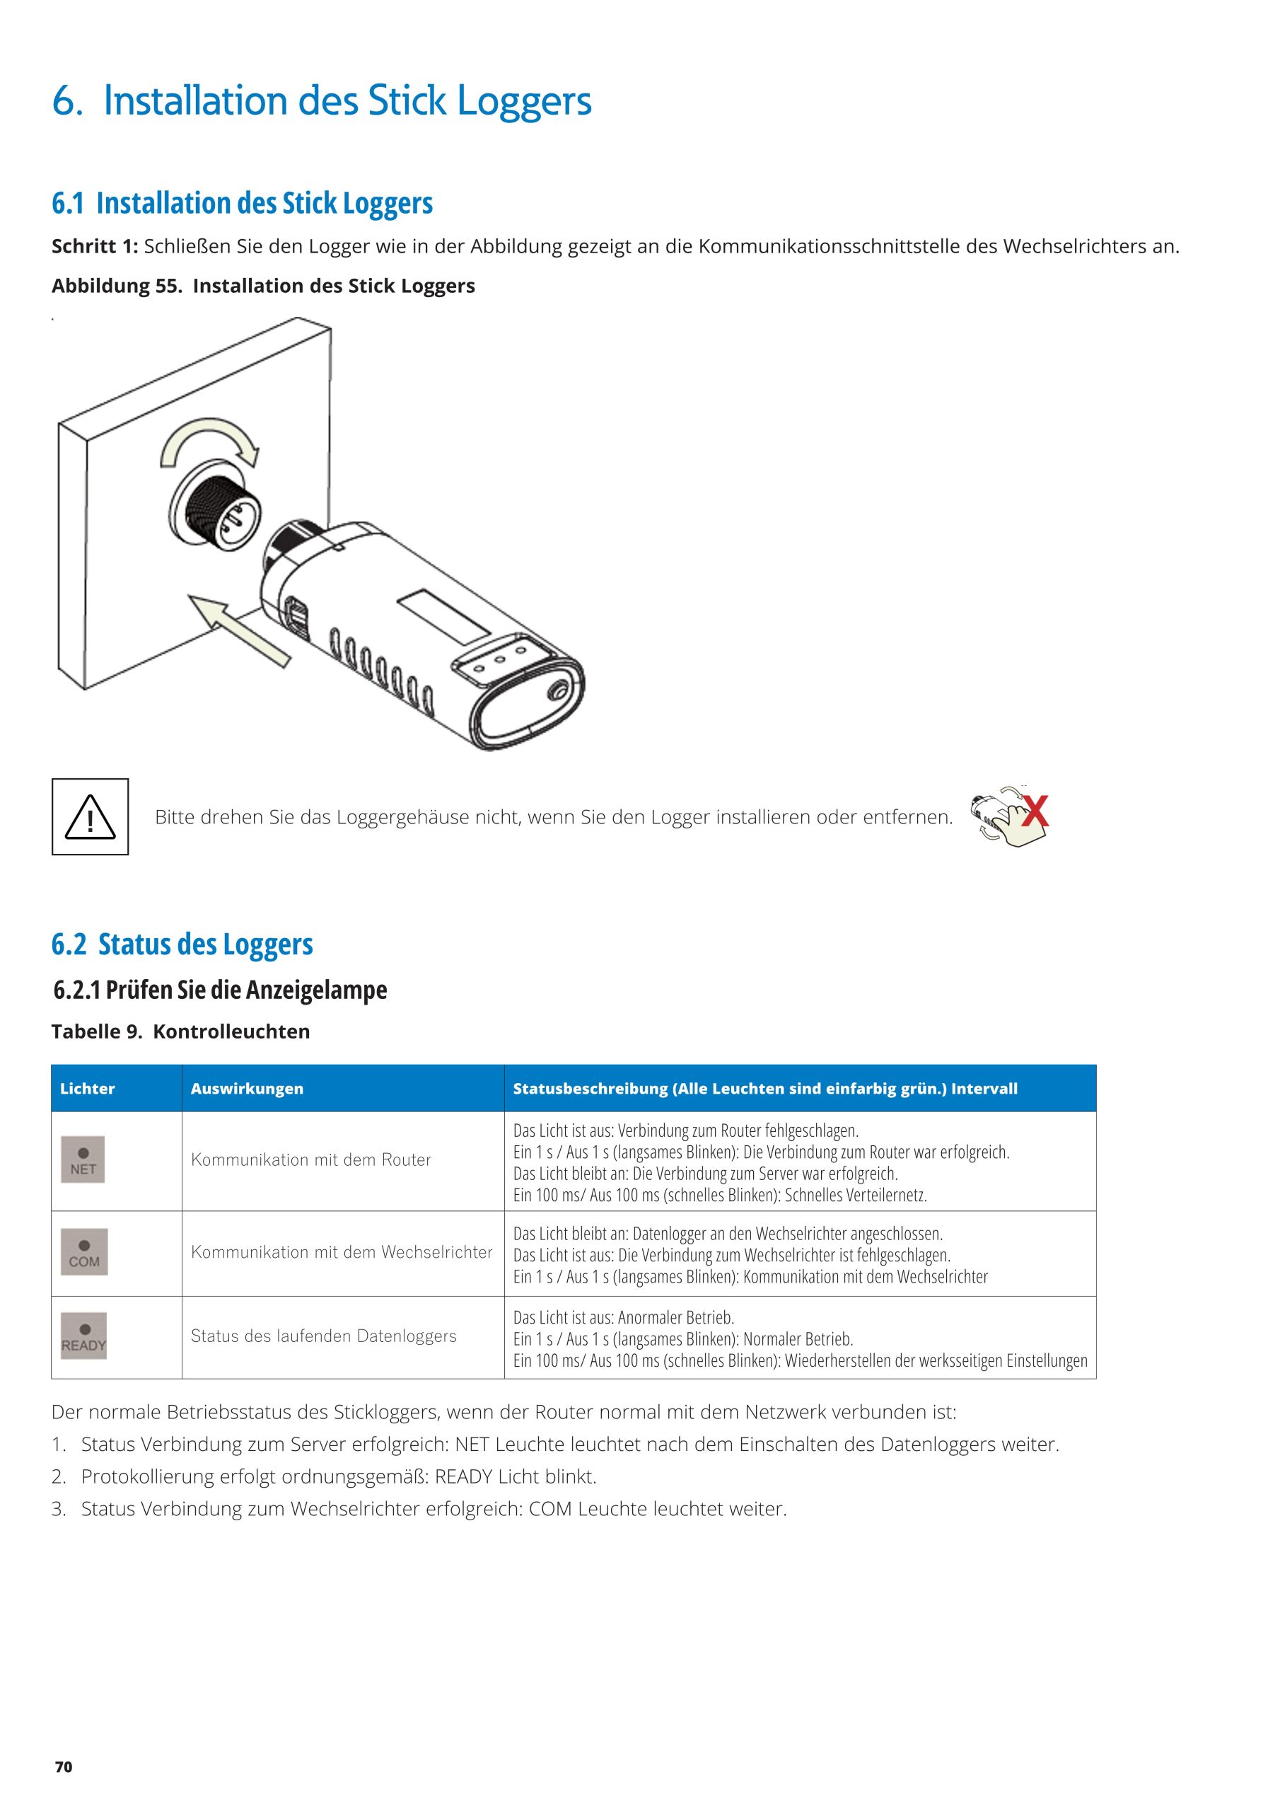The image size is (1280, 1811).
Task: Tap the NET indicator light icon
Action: (x=83, y=1159)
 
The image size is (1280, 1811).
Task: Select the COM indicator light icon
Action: (x=83, y=1251)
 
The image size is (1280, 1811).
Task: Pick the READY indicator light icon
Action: (x=83, y=1336)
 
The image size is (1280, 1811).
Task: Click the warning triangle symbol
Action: (x=90, y=817)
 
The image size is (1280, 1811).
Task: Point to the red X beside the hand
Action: (x=1035, y=811)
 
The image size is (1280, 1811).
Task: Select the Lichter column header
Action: (x=88, y=1089)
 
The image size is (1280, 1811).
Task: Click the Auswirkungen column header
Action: (x=247, y=1089)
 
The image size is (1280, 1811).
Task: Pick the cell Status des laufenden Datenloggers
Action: (x=323, y=1336)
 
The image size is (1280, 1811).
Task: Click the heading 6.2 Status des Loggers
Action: (x=182, y=944)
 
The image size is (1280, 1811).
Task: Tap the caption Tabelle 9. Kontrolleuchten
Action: (x=180, y=1031)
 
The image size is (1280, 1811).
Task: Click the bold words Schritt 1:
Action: (x=95, y=247)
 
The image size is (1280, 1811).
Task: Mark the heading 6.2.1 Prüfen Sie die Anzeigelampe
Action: (x=220, y=990)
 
